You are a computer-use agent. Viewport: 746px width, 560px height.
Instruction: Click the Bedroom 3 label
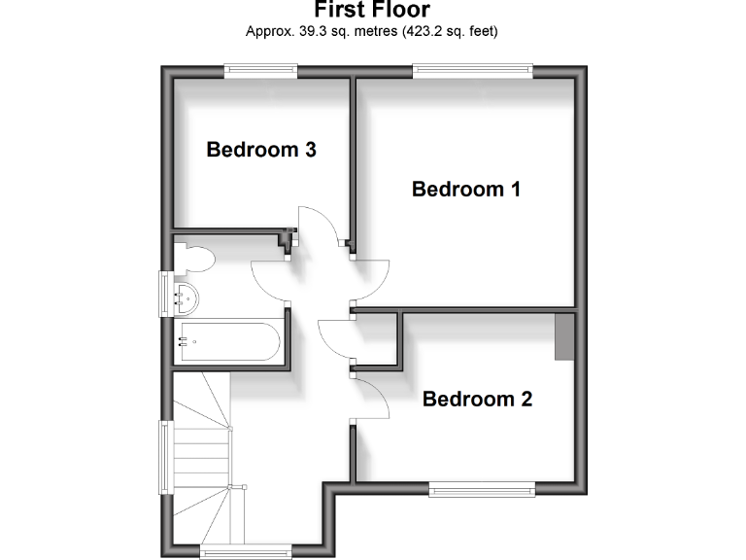click(261, 150)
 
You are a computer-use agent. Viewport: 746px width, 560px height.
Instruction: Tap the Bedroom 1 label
click(466, 189)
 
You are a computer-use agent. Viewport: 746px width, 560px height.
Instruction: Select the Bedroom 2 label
click(477, 399)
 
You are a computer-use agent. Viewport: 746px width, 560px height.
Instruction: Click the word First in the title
click(339, 11)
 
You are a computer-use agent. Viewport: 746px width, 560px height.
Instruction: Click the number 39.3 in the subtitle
click(314, 31)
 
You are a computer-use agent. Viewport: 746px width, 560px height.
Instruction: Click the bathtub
click(228, 341)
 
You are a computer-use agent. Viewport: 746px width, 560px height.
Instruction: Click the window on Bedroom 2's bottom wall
click(482, 489)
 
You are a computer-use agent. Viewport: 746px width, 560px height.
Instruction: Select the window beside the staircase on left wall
click(165, 457)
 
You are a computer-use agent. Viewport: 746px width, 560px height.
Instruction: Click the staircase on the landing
click(204, 457)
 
